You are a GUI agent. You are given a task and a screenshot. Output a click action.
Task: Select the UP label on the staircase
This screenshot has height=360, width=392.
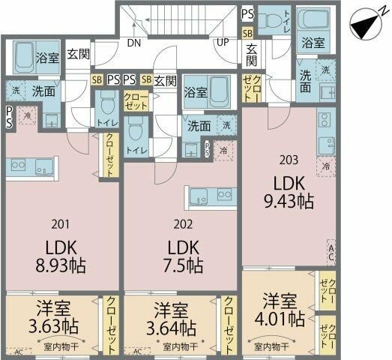click(x=223, y=43)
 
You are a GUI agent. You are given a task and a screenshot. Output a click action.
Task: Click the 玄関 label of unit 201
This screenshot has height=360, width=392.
click(x=76, y=55)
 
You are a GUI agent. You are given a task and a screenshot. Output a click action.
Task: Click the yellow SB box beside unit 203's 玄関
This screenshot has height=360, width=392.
click(x=247, y=33)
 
